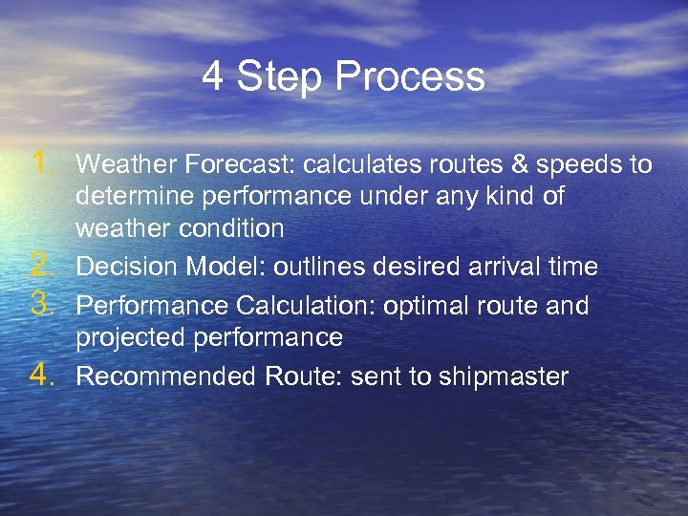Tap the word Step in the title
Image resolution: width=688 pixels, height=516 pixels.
[x=281, y=77]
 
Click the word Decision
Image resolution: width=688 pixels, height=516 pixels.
[x=122, y=267]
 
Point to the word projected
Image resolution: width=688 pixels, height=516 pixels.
[x=123, y=338]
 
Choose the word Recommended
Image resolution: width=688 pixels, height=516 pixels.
[x=161, y=376]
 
